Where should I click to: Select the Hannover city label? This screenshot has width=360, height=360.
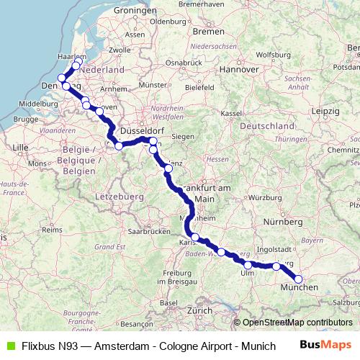[x=240, y=70]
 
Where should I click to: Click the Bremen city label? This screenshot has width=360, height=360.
[x=210, y=32]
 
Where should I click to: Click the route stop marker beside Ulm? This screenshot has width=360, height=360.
[x=248, y=266]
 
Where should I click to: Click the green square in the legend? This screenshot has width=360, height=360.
[x=11, y=345]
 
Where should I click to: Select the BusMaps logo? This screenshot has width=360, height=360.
[x=328, y=344]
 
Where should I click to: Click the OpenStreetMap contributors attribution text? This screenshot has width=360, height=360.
[x=297, y=323]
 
